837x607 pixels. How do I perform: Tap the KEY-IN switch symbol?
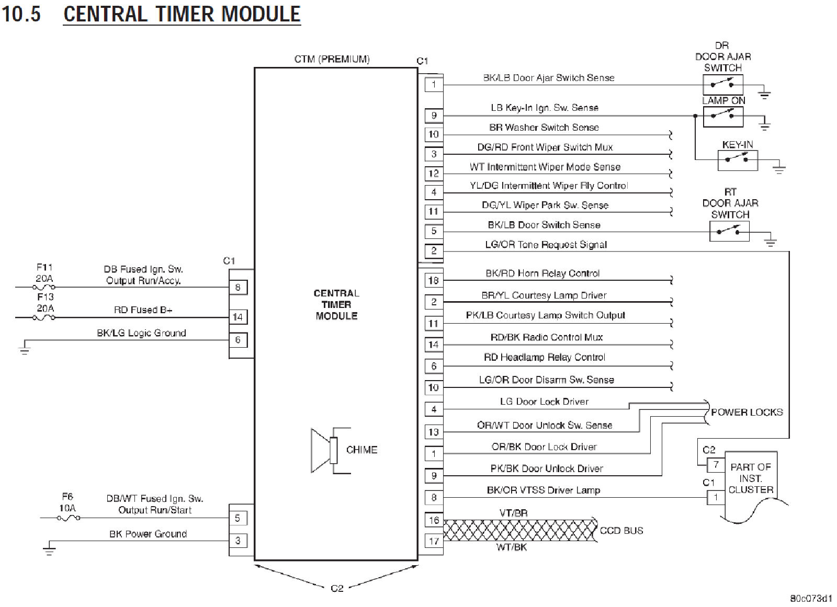[x=737, y=159]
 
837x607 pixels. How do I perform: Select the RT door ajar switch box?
[x=729, y=231]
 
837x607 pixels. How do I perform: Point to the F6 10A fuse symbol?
[x=68, y=518]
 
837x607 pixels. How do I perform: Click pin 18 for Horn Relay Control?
[x=433, y=280]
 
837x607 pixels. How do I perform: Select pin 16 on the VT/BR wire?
[x=434, y=520]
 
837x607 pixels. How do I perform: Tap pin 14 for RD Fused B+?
[x=237, y=317]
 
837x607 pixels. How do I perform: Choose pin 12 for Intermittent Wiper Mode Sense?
[x=434, y=173]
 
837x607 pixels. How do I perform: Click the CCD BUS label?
[x=621, y=530]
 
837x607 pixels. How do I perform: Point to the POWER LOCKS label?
[x=746, y=412]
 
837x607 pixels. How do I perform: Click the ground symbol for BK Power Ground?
[x=49, y=549]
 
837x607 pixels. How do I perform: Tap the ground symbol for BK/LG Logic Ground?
[x=25, y=349]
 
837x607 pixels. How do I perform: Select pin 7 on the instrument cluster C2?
[x=716, y=464]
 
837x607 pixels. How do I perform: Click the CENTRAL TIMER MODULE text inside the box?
[x=336, y=304]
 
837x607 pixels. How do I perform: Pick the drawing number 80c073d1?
[x=810, y=598]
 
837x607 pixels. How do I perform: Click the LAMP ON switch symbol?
[x=723, y=116]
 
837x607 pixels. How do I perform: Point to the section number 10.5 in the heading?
[x=21, y=14]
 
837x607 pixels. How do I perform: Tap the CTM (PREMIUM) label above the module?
[x=332, y=59]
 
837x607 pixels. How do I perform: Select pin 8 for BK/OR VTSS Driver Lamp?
[x=434, y=497]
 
